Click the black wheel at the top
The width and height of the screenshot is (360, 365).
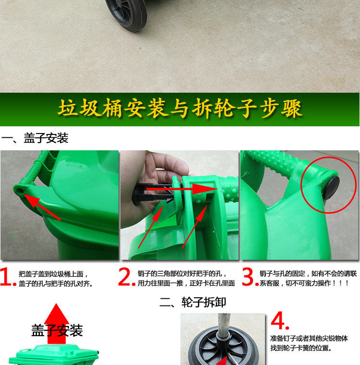point(126,14)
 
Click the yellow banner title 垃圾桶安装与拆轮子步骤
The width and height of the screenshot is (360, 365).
point(180,108)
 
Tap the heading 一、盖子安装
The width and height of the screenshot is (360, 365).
point(35,138)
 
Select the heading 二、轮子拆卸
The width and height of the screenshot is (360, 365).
point(192,303)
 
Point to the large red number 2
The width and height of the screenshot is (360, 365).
point(126,277)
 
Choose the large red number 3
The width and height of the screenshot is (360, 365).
point(250,277)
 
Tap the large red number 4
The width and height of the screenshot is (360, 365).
point(280,320)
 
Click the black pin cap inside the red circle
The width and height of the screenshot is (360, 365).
point(331,188)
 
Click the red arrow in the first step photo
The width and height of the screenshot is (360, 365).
point(42,207)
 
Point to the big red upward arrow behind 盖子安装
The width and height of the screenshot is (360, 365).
point(57,324)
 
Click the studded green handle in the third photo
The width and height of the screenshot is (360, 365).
point(272,162)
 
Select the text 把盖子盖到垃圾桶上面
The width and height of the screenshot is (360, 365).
point(51,274)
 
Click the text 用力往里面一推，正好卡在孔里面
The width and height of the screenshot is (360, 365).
point(186,283)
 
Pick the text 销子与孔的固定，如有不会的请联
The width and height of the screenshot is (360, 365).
point(308,273)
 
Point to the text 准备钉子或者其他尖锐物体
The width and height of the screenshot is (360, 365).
point(309,338)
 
